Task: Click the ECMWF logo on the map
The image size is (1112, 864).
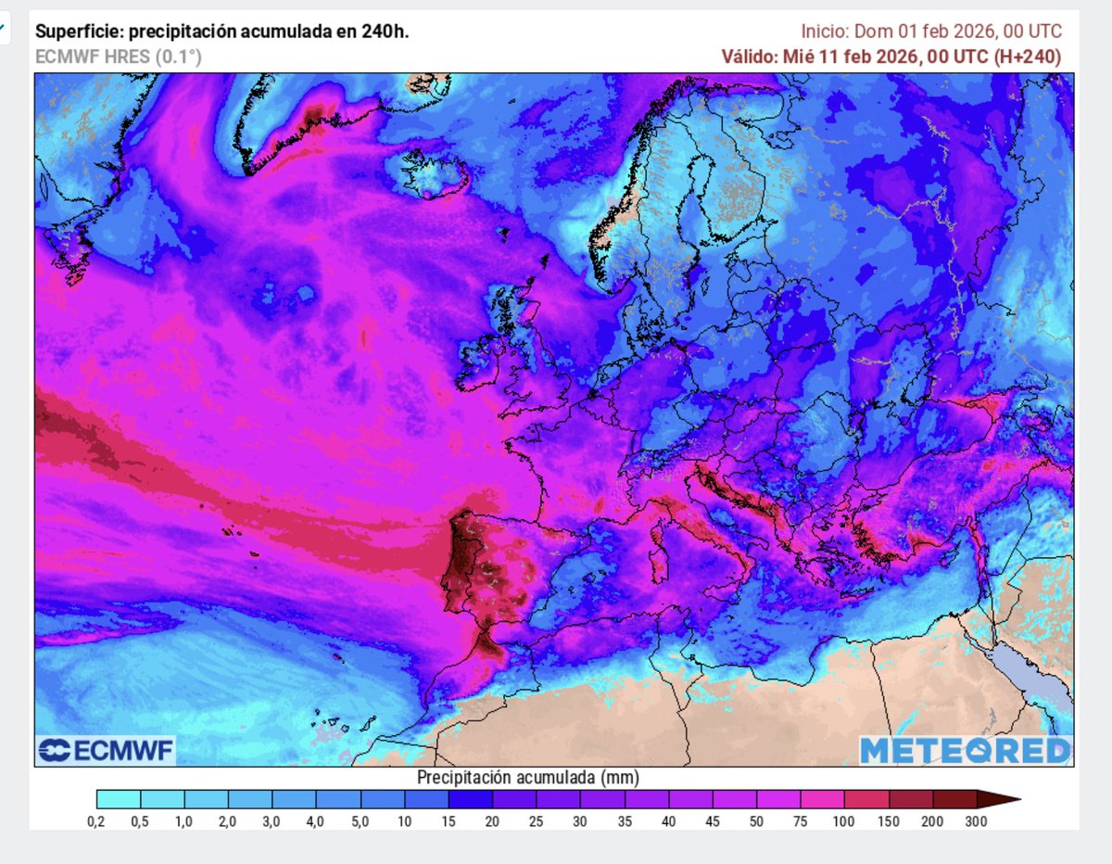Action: pyautogui.click(x=106, y=750)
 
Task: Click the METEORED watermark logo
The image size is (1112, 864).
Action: pyautogui.click(x=966, y=750)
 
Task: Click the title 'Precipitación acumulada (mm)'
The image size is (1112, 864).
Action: pyautogui.click(x=528, y=776)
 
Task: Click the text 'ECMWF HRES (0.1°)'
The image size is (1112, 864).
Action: pyautogui.click(x=118, y=57)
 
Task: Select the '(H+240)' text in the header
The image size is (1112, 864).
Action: pyautogui.click(x=1027, y=57)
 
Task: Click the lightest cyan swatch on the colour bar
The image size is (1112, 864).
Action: pyautogui.click(x=118, y=799)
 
